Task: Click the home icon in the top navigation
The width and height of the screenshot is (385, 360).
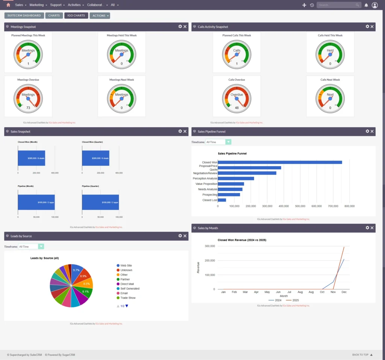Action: (8, 5)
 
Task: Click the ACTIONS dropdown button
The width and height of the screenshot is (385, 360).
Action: (100, 16)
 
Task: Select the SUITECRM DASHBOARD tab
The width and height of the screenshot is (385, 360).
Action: (24, 16)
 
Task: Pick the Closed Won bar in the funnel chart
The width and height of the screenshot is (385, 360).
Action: (280, 163)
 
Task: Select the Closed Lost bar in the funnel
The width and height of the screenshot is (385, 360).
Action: (222, 200)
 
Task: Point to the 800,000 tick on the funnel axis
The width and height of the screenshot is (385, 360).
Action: (349, 206)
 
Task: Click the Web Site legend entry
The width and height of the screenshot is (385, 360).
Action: (126, 266)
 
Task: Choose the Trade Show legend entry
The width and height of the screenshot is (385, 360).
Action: (127, 298)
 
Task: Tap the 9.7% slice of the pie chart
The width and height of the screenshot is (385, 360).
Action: (76, 270)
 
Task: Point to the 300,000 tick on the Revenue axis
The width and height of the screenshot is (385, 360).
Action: (209, 246)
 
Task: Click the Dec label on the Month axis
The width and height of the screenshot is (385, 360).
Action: (344, 292)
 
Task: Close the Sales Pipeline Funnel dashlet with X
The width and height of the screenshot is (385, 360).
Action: (372, 131)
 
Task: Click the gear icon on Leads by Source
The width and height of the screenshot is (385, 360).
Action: (180, 236)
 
